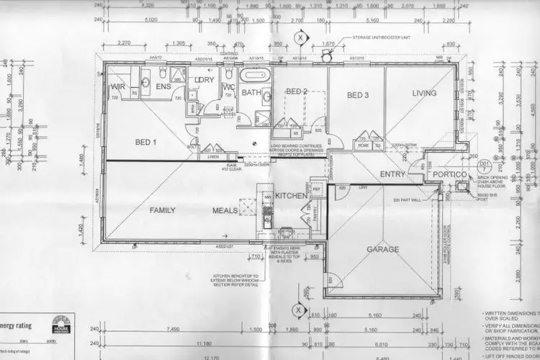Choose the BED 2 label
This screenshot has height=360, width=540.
click(297, 92)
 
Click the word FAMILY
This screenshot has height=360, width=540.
click(163, 211)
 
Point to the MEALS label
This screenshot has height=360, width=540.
click(225, 211)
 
